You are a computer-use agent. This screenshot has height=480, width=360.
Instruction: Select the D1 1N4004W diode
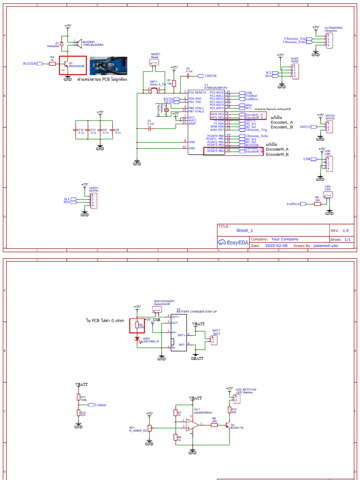[x=62, y=43]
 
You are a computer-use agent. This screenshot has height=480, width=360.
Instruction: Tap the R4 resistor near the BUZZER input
[x=52, y=63]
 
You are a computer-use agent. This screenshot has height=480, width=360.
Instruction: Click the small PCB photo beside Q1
[x=108, y=66]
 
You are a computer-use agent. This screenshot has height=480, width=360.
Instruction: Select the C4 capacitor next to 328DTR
[x=188, y=75]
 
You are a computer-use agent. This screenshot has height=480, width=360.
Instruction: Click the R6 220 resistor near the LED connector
[x=317, y=204]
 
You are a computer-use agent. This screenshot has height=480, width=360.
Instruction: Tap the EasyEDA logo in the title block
[x=232, y=242]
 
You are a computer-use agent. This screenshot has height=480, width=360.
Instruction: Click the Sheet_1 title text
[x=244, y=231]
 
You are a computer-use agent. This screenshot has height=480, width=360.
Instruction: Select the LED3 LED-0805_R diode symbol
[x=137, y=339]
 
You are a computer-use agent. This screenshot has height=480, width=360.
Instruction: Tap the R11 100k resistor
[x=78, y=397]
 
